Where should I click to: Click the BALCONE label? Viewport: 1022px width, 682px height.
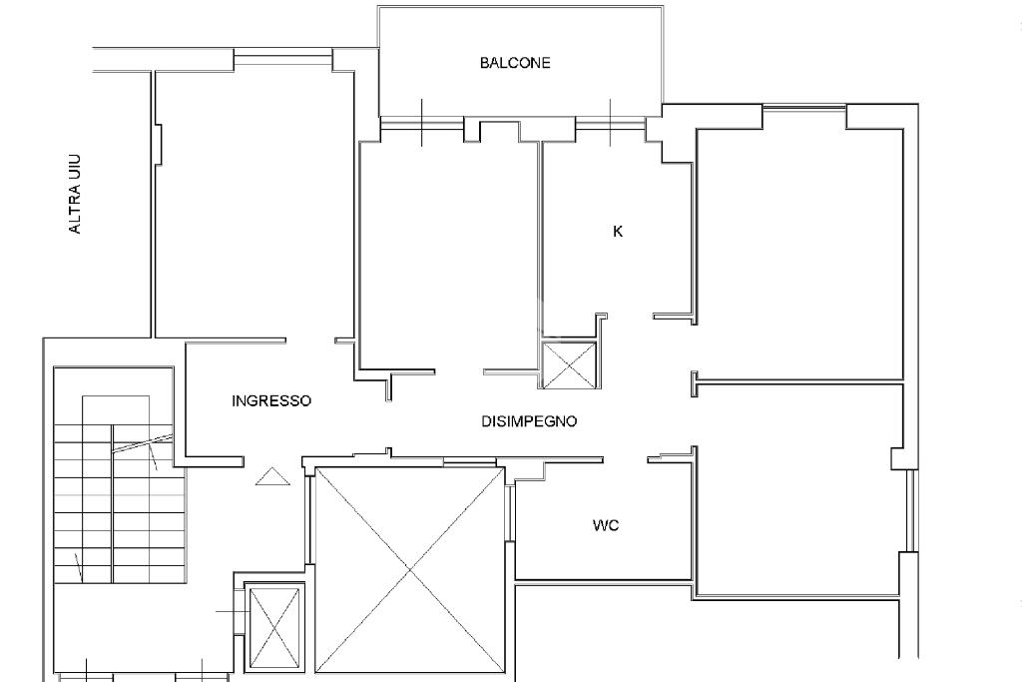(x=515, y=63)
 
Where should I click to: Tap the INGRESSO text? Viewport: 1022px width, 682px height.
(x=271, y=401)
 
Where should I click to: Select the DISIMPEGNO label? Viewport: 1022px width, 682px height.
(x=529, y=421)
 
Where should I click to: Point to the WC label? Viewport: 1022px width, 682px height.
(x=606, y=525)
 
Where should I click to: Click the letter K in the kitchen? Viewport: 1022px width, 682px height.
(x=618, y=232)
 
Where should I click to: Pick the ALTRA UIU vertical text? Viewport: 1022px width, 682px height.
(x=76, y=194)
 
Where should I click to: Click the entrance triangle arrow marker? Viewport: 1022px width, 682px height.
(x=272, y=477)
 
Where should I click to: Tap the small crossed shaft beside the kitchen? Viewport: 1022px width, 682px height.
(x=569, y=365)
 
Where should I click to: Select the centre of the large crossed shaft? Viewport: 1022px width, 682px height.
(x=410, y=569)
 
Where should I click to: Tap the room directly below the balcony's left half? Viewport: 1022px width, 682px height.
(x=448, y=255)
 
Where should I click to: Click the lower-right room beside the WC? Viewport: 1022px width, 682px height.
(x=796, y=489)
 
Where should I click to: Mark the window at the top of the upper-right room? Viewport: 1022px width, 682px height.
(x=805, y=108)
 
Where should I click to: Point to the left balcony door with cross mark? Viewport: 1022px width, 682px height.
(x=422, y=123)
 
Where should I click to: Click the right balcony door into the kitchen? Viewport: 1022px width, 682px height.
(x=611, y=123)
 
